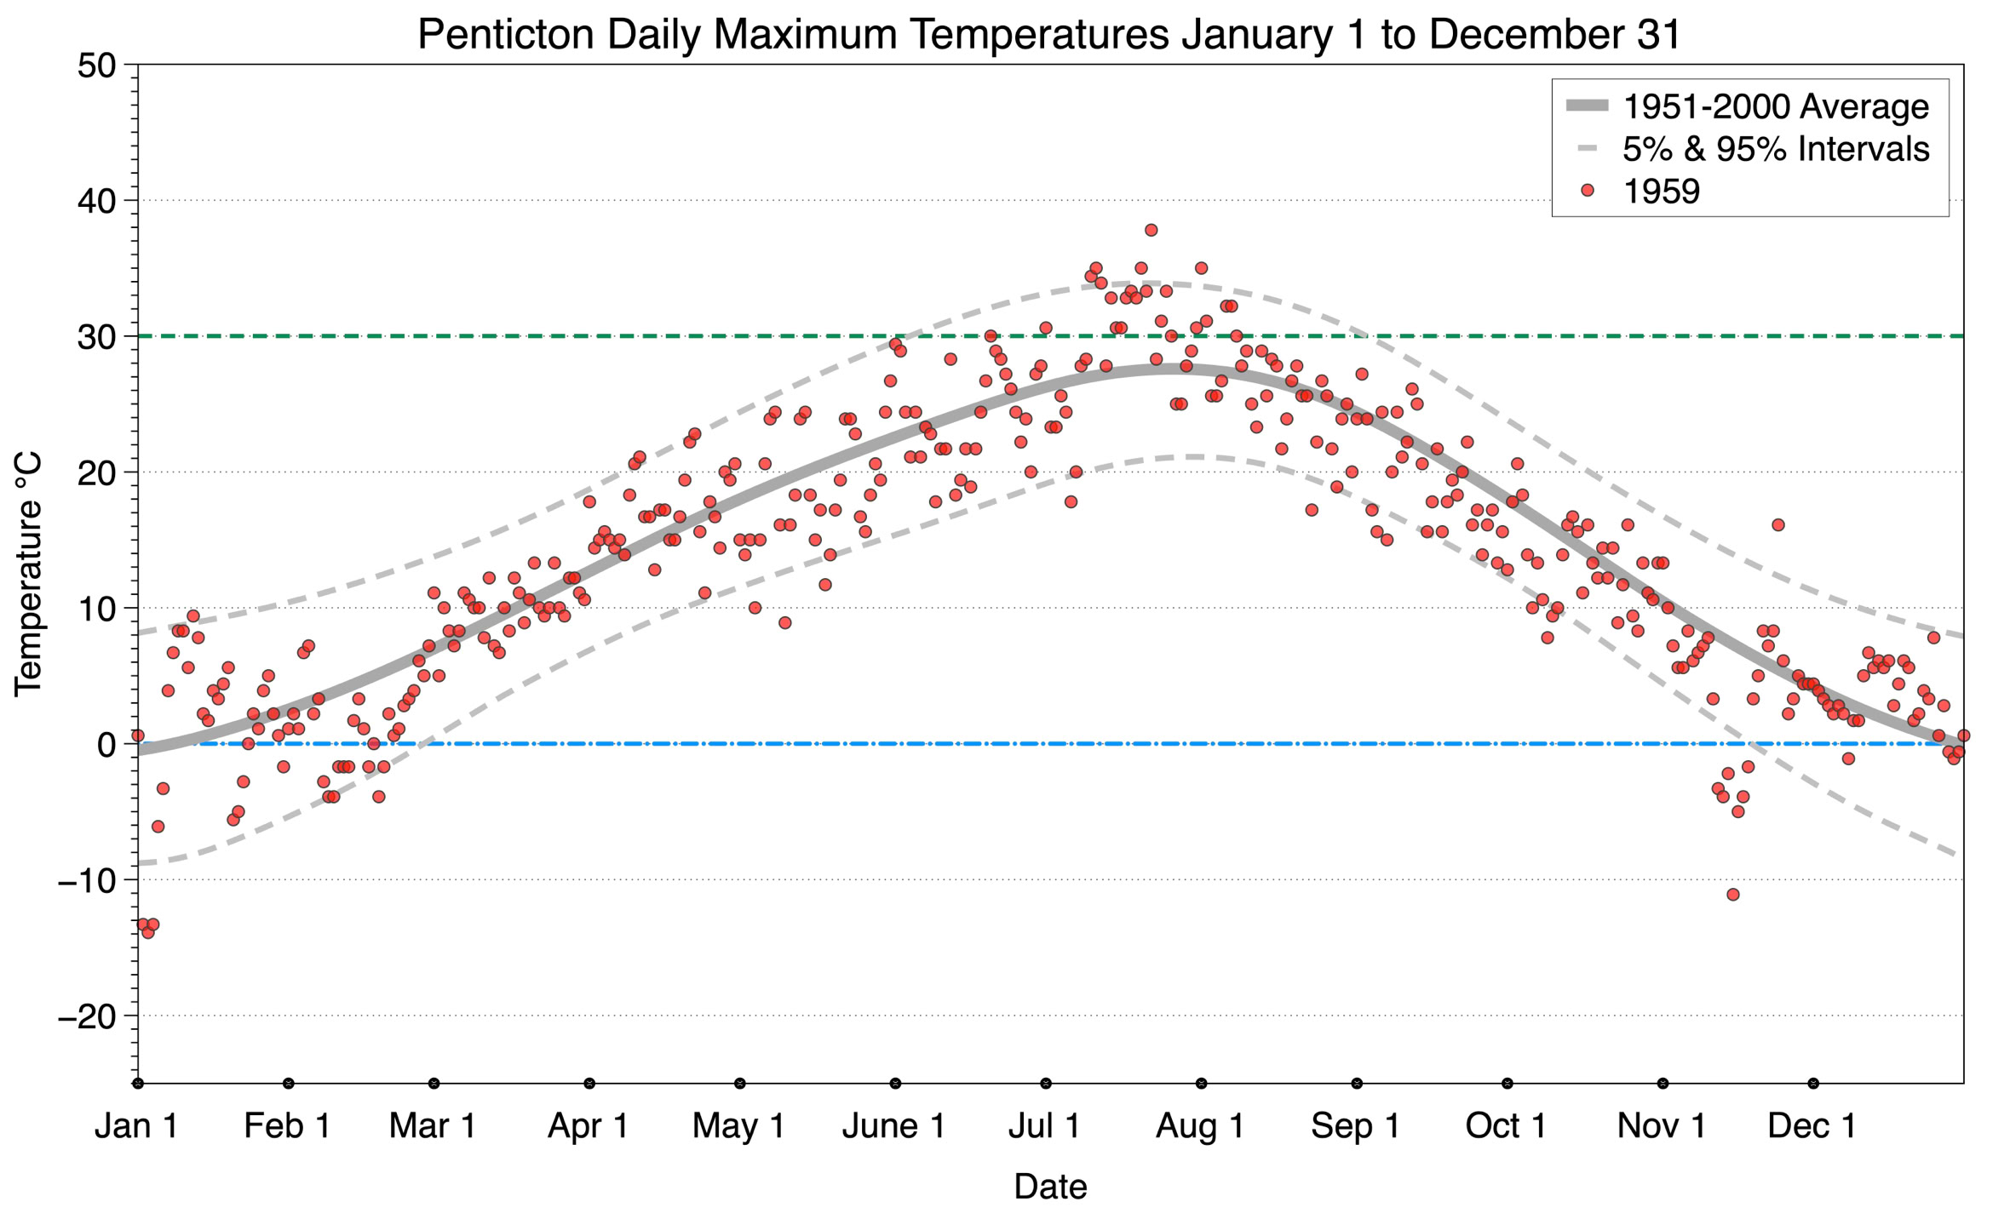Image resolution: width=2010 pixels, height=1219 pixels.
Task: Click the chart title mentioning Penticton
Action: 1049,34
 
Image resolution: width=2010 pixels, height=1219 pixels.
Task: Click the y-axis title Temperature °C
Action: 29,574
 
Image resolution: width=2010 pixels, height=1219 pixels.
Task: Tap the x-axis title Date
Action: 1050,1186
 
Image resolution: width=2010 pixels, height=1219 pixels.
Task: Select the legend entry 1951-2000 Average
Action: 1775,106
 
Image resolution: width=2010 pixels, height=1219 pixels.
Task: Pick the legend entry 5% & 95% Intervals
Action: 1775,149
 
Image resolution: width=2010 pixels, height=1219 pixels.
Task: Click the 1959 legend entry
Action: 1661,192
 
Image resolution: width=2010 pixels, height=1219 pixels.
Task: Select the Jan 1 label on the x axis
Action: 137,1125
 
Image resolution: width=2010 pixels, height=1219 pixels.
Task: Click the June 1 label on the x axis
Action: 893,1125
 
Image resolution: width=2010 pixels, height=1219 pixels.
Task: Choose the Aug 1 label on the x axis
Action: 1200,1125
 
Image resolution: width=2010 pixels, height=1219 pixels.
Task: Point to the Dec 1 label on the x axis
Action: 1812,1125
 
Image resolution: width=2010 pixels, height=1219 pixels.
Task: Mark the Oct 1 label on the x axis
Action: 1506,1125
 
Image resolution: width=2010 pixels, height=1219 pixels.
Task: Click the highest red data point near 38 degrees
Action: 1151,230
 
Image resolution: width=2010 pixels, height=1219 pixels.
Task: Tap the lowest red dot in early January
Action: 148,932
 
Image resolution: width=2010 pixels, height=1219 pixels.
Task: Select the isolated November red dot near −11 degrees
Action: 1732,894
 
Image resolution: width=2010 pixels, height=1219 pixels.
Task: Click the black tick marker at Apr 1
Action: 589,1084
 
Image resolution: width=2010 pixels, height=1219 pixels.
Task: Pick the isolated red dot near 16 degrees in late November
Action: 1777,525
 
